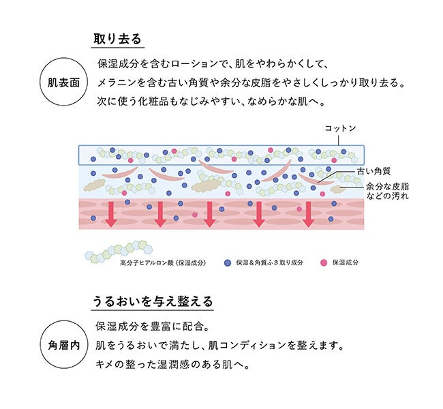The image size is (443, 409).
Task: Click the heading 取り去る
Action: point(117,38)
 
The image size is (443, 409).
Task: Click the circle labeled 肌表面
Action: point(64,82)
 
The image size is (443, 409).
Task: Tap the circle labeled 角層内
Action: point(64,344)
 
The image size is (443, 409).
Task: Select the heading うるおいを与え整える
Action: point(153,301)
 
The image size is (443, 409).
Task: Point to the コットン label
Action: point(340,128)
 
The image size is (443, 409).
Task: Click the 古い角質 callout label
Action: point(373,172)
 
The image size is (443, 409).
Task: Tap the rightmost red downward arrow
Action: point(308,214)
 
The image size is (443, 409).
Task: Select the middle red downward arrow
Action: point(209,214)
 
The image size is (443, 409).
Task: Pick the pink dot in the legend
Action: point(323,262)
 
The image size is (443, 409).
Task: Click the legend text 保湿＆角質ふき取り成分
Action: point(269,262)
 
